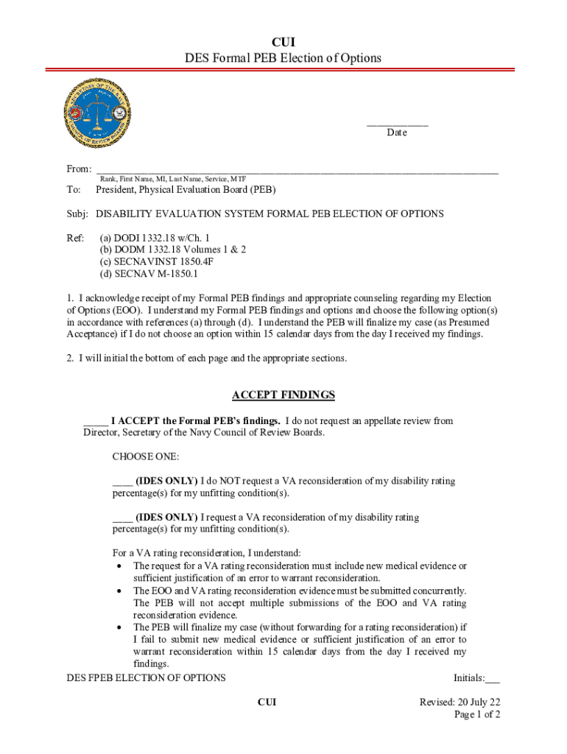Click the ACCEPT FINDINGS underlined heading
tap(283, 395)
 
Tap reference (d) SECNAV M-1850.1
tap(149, 273)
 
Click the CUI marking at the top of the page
tap(283, 42)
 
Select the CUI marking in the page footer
tap(267, 702)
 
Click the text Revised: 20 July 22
tap(459, 702)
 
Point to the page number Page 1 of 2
tap(477, 714)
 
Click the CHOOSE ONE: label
tap(145, 457)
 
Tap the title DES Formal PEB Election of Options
tap(283, 57)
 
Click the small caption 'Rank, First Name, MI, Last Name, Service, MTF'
tap(173, 179)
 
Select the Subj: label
tap(77, 214)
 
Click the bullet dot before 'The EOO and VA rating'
tap(119, 591)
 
